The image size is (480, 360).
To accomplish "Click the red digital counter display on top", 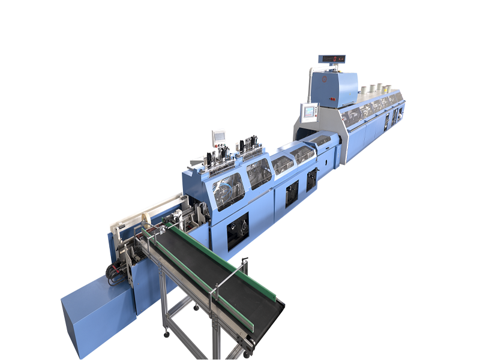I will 331,59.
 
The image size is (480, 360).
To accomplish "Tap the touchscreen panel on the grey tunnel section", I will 310,111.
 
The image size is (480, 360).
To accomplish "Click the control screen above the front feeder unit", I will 219,136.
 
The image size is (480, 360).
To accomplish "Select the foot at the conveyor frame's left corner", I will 165,331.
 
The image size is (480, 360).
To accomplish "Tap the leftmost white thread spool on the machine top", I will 363,90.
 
